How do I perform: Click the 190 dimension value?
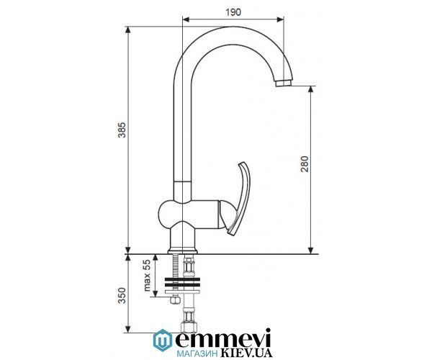(233, 12)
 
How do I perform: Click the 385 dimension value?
(122, 130)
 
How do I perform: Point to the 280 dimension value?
(305, 164)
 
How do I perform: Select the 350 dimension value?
(122, 295)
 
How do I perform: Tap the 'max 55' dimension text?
(147, 276)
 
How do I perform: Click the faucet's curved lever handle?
(240, 198)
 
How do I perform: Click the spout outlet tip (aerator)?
(284, 83)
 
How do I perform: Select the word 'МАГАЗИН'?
(196, 354)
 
